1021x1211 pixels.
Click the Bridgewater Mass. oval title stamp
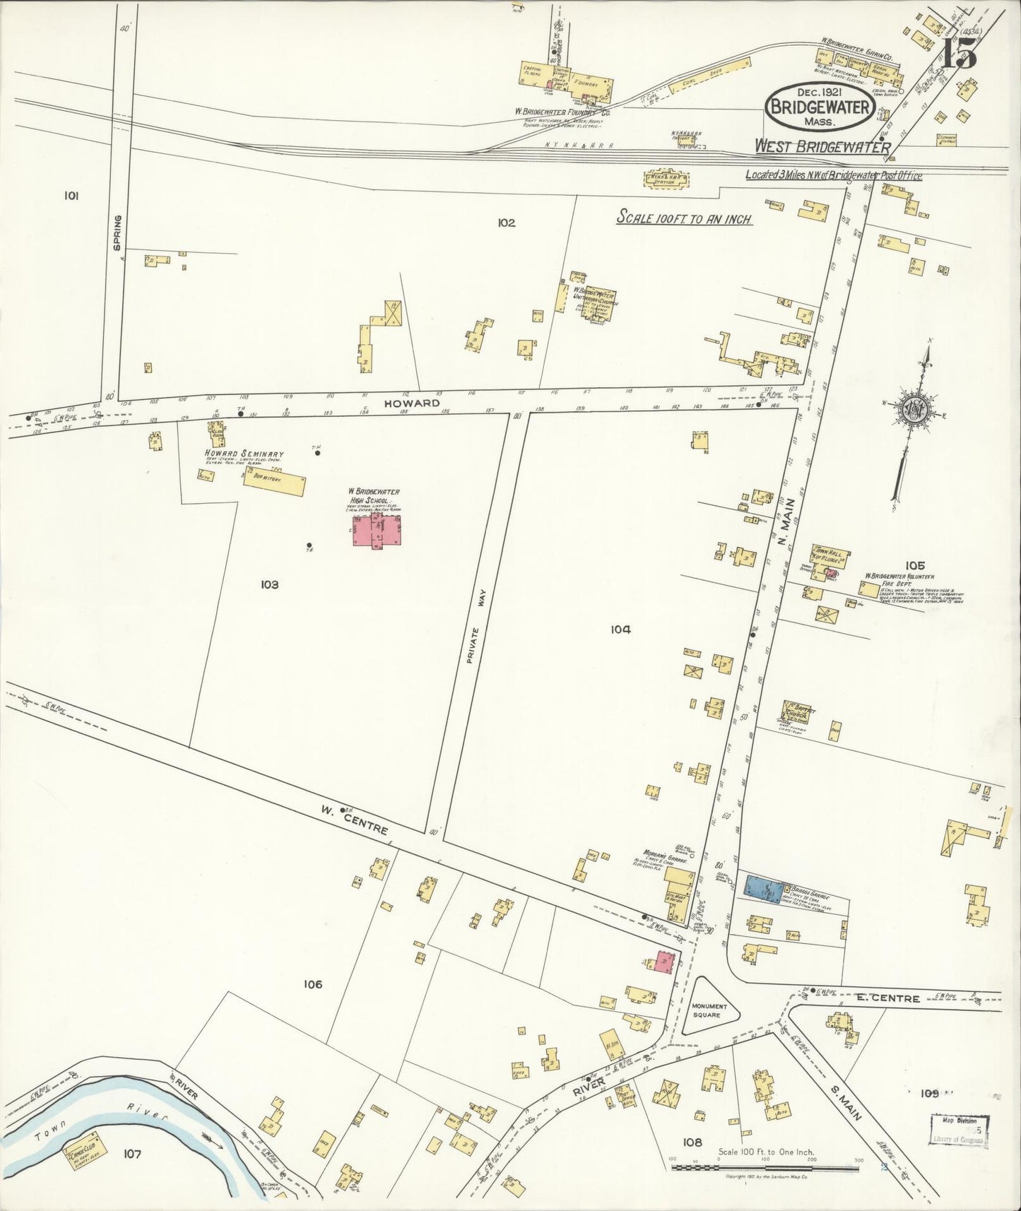pos(820,106)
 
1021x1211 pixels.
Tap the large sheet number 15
pos(959,52)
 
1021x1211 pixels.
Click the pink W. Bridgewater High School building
pos(378,530)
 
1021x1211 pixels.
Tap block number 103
pos(269,584)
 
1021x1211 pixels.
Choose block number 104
pos(620,630)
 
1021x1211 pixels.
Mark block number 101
pos(70,196)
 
